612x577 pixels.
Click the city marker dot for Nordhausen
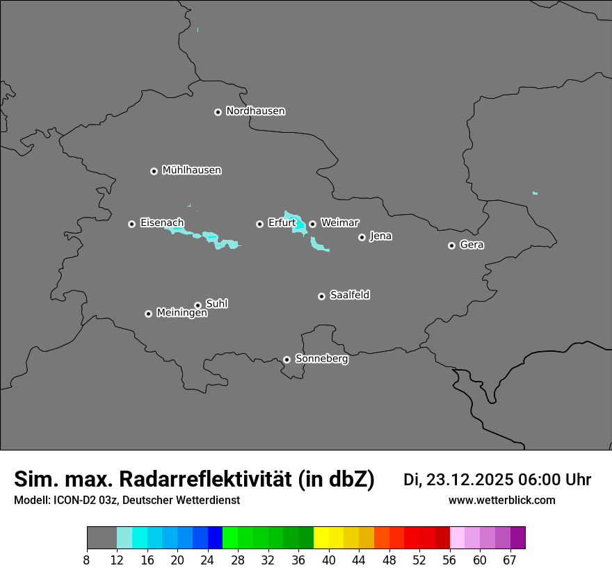[x=218, y=112]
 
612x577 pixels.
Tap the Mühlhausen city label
[x=191, y=170]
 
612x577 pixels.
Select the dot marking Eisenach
[x=131, y=224]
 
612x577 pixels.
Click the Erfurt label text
[x=282, y=223]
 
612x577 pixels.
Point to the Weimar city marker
[x=312, y=224]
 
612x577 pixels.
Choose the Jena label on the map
[x=380, y=236]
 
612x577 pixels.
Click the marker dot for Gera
[x=451, y=245]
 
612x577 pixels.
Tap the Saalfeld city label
[x=349, y=295]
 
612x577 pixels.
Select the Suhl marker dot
[x=198, y=305]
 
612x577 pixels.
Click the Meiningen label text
[x=182, y=314]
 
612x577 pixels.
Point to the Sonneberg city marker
[x=287, y=359]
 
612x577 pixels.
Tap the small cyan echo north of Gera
[x=535, y=193]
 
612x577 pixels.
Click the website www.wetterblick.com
[x=501, y=500]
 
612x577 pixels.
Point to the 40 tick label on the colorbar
[x=329, y=560]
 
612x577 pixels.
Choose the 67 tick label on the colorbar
[x=510, y=560]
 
